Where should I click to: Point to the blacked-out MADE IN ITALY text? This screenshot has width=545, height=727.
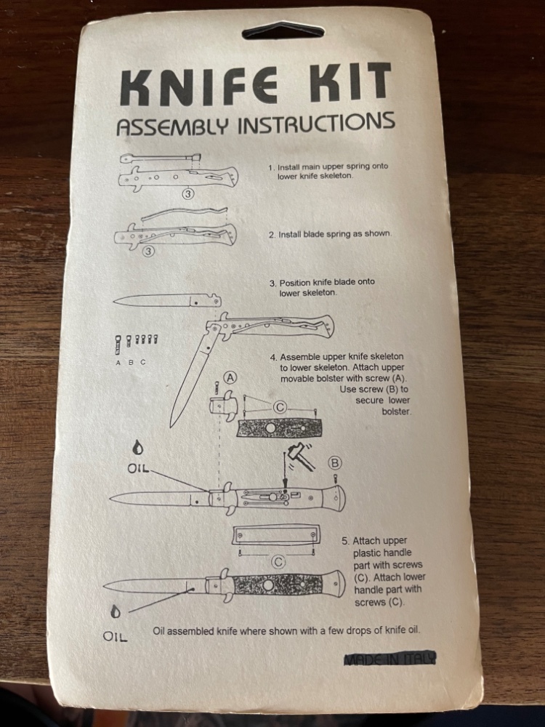tap(390, 659)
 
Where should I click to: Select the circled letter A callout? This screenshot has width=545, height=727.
tap(230, 377)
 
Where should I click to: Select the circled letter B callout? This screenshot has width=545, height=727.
tap(336, 462)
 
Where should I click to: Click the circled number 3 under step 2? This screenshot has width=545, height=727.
tap(148, 252)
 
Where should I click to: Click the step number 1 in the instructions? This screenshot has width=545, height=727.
tap(271, 166)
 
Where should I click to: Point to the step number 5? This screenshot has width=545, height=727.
tap(344, 542)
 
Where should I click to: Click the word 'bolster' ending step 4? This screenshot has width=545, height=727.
tap(395, 411)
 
